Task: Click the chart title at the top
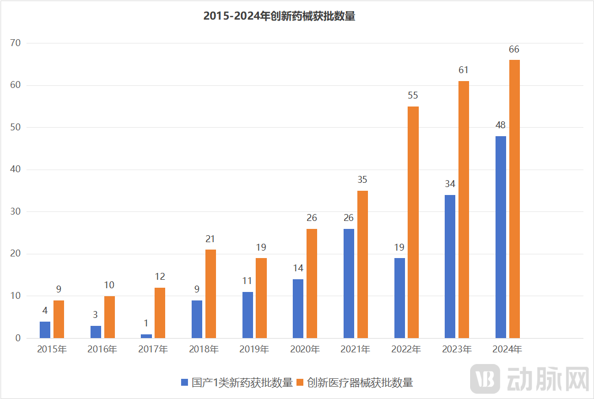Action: [279, 16]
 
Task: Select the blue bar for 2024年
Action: [500, 237]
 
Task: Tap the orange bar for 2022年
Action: [413, 222]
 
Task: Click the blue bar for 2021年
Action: [348, 283]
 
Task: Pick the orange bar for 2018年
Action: [210, 294]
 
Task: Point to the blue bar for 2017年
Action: [146, 336]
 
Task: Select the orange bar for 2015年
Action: [59, 319]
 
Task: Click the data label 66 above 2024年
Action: [514, 49]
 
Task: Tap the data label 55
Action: [413, 96]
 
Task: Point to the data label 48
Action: [500, 126]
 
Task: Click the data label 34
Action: [450, 184]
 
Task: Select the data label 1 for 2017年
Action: [146, 323]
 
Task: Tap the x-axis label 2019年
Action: [254, 350]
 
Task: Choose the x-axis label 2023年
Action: [457, 350]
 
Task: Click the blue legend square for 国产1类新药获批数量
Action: [185, 383]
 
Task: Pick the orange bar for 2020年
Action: [312, 283]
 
